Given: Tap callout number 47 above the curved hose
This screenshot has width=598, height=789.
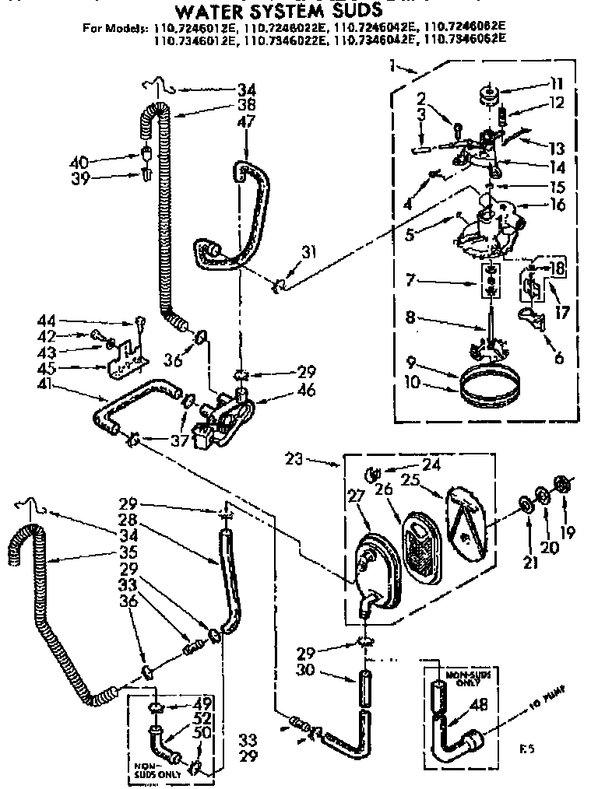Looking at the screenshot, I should [x=246, y=121].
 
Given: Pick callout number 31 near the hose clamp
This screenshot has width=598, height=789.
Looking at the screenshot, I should [x=310, y=251].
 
